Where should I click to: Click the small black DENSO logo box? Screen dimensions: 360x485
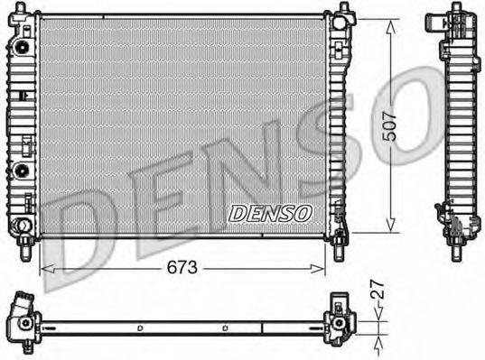click(270, 213)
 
